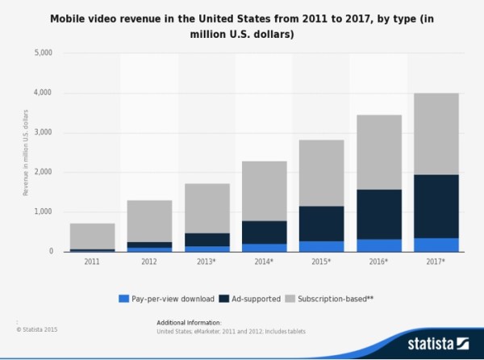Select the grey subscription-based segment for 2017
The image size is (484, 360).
436,133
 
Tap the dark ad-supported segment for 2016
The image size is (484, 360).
379,214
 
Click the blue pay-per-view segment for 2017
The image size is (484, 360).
436,245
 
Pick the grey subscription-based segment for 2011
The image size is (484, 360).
92,236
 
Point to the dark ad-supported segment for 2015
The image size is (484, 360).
322,224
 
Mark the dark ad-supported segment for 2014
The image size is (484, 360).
265,232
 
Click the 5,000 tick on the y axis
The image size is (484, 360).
41,53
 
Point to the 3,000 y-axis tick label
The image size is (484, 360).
41,132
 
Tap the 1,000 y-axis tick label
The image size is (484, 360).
41,211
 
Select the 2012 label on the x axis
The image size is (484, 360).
149,262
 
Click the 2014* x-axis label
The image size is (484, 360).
265,262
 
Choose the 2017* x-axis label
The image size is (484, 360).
436,262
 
